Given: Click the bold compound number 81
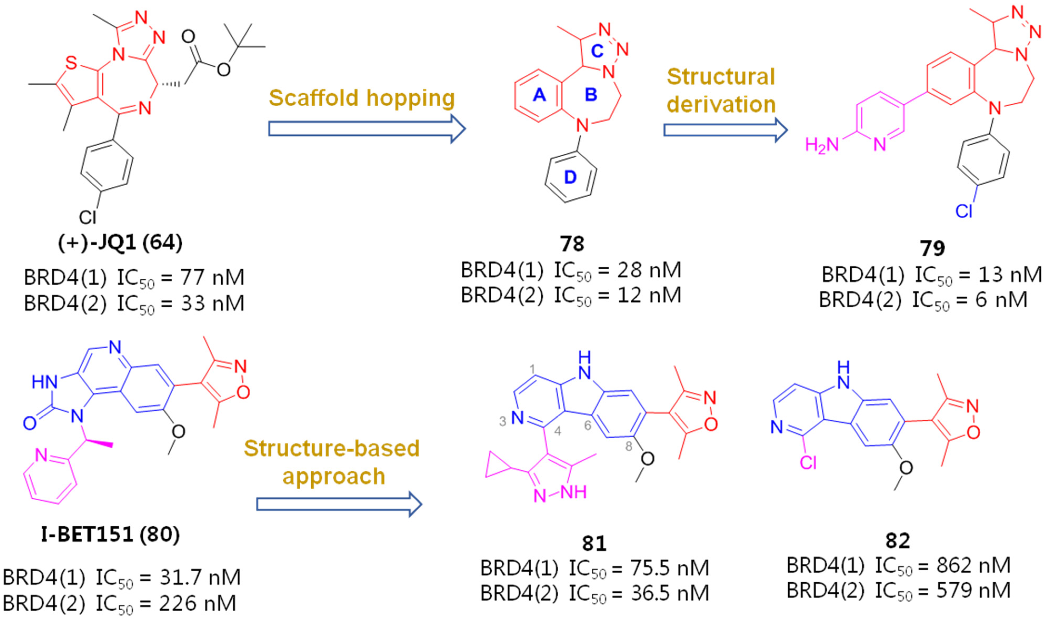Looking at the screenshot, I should (x=594, y=543).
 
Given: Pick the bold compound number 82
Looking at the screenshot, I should (x=898, y=541).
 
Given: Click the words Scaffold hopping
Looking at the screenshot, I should (x=362, y=98).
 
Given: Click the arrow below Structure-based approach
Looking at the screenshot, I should (x=339, y=504).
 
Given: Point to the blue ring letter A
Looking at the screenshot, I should (x=539, y=95).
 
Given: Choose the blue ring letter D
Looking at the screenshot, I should (x=570, y=177).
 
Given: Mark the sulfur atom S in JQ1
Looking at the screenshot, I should (x=71, y=63).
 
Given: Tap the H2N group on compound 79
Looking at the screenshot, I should (x=821, y=145).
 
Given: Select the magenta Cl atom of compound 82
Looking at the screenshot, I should (x=808, y=462).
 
